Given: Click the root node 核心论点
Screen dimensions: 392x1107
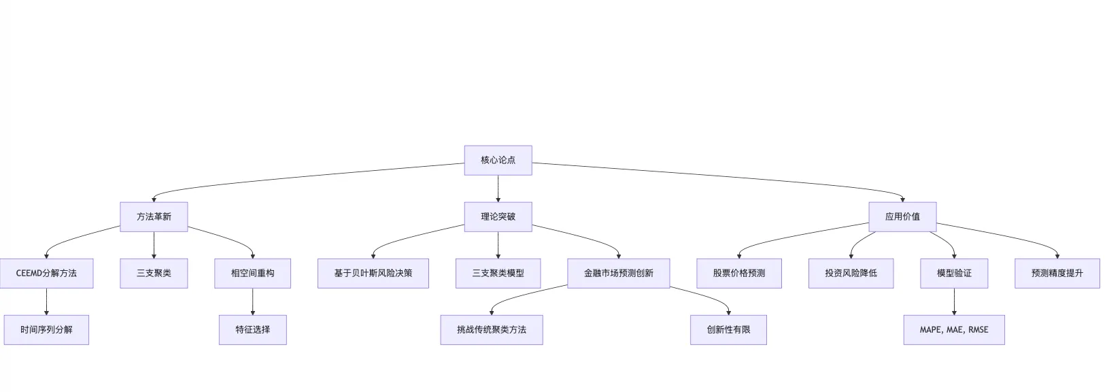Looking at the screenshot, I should click(x=498, y=160).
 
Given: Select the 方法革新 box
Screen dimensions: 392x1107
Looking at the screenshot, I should click(x=154, y=216).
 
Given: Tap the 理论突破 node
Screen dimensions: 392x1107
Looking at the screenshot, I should click(x=498, y=216).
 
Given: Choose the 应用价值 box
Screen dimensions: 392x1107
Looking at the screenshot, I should click(x=902, y=216).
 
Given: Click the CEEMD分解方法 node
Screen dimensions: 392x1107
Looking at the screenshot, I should click(x=46, y=273).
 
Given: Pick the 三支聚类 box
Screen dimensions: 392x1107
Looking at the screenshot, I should click(x=154, y=273).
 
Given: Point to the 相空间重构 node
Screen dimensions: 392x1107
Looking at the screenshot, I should click(x=252, y=273).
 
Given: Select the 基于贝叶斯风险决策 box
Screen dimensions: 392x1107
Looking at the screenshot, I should click(x=373, y=273).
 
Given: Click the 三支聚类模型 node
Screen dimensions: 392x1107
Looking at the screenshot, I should click(x=498, y=273).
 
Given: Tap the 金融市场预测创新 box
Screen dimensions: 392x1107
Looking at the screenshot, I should click(x=618, y=273).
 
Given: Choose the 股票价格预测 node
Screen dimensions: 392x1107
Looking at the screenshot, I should click(x=738, y=273).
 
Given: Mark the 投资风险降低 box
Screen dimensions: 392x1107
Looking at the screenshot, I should click(x=851, y=273).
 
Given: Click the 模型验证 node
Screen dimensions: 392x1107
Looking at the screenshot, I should click(x=953, y=273).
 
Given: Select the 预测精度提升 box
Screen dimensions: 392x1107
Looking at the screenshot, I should click(x=1057, y=273).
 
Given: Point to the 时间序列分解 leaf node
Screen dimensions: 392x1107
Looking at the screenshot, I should click(x=46, y=329).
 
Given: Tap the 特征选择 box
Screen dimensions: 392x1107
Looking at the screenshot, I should click(x=252, y=329).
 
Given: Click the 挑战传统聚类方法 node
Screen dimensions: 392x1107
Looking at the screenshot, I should click(x=491, y=329).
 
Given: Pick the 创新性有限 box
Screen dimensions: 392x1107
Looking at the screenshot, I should click(x=728, y=329).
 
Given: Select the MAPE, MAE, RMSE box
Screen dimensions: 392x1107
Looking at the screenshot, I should click(x=953, y=329).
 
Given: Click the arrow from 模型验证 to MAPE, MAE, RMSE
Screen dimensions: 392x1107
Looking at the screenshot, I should click(x=953, y=301).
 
